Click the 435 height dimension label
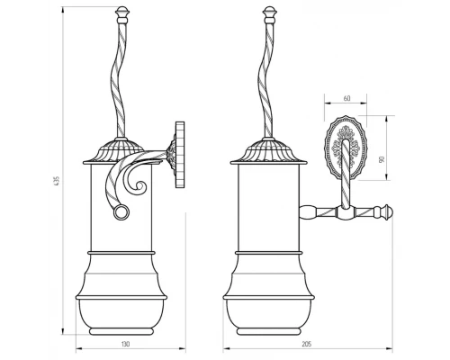point(58,180)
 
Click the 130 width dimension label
point(126,344)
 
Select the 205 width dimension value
point(307,344)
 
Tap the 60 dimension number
point(347,98)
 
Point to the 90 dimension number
point(382,159)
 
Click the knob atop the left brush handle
point(122,15)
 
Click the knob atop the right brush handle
point(270,15)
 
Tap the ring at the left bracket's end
point(121,212)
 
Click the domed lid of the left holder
point(121,151)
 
